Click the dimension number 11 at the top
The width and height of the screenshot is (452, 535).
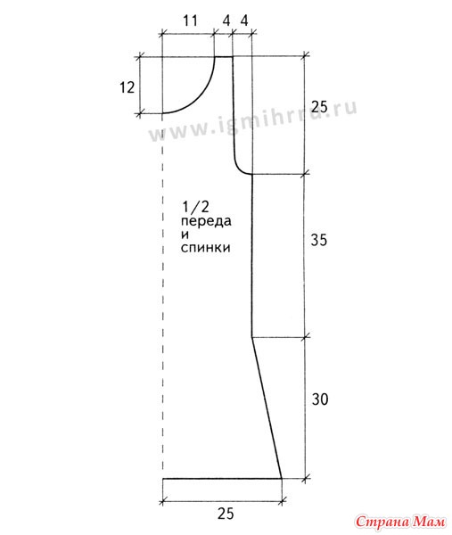(191, 21)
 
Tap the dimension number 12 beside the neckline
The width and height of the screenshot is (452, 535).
(127, 87)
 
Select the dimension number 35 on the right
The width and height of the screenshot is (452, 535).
(318, 240)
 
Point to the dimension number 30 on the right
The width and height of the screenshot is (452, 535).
(320, 399)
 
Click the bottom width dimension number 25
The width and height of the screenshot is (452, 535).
(226, 514)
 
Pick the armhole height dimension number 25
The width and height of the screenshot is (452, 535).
(319, 107)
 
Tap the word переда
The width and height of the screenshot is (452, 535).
(206, 221)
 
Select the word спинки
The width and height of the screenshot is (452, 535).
(205, 247)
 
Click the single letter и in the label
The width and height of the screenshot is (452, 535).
(185, 235)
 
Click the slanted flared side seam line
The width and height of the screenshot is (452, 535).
(267, 408)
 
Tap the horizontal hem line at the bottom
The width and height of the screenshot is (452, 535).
(222, 479)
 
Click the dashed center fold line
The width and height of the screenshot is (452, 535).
(163, 296)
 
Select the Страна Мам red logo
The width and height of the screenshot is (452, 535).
(400, 522)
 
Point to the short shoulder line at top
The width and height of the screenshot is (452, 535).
(224, 57)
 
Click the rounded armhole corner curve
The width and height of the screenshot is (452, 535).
(240, 168)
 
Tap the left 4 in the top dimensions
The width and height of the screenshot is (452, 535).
(226, 21)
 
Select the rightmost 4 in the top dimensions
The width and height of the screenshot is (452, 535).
(244, 21)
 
